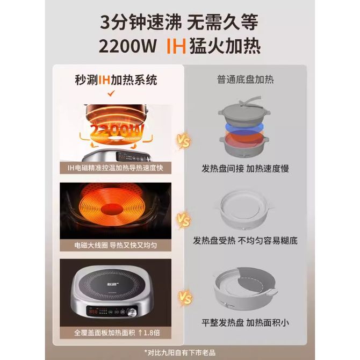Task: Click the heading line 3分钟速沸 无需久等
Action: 179,22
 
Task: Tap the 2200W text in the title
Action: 128,46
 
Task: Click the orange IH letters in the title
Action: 176,46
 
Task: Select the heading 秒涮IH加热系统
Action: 116,80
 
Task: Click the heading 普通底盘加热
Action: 245,80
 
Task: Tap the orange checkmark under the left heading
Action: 111,93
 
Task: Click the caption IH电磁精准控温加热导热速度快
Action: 116,168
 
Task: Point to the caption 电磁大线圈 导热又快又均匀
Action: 116,245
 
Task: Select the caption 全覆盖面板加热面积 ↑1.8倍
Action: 117,333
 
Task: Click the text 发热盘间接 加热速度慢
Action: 245,169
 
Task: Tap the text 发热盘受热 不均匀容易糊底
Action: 245,241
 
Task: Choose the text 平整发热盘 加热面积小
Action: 245,322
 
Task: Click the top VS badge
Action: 183,141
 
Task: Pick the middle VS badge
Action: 183,220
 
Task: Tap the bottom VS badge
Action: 185,298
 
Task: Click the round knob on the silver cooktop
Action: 132,313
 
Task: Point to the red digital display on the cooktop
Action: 93,312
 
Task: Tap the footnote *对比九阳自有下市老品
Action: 180,352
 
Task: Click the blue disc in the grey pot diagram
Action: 244,127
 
